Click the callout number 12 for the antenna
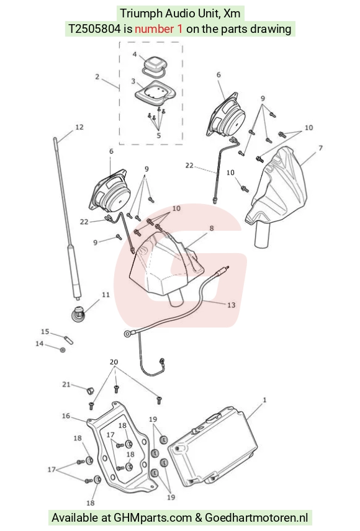click(x=79, y=127)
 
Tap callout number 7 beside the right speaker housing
click(x=320, y=148)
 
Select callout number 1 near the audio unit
click(x=264, y=400)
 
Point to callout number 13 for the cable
click(x=231, y=305)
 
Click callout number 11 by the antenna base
click(x=106, y=295)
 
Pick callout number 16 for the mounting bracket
click(x=66, y=416)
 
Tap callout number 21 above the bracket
click(x=66, y=385)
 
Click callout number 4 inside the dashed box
click(x=135, y=55)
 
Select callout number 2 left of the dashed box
click(x=97, y=77)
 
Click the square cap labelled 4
click(x=153, y=65)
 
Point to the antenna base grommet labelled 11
click(x=78, y=314)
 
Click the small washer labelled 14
click(x=63, y=349)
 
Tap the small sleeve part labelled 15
click(x=69, y=340)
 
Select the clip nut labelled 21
click(x=89, y=391)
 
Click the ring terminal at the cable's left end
click(x=128, y=334)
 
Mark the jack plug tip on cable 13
click(x=226, y=268)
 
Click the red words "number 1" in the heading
click(x=159, y=29)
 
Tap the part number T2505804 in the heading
click(x=94, y=29)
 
